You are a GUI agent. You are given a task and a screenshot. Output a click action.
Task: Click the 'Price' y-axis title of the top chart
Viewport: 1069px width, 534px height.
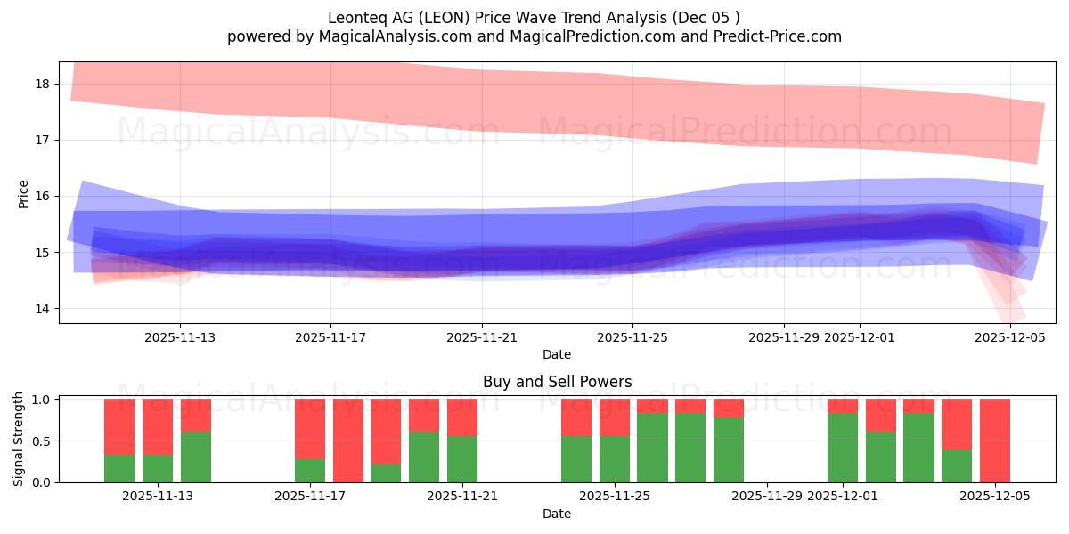pos(24,193)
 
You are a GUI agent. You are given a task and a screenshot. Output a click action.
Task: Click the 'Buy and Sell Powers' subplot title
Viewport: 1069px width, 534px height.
pos(557,382)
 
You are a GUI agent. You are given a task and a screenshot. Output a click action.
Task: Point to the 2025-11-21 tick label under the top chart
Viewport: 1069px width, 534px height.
pos(482,337)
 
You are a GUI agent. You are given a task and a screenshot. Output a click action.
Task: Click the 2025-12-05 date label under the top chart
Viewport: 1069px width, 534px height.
pos(1010,337)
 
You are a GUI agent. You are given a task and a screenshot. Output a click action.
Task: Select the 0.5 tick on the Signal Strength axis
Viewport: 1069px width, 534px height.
pos(42,441)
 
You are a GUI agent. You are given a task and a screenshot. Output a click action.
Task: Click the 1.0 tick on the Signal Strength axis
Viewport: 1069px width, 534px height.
pos(42,400)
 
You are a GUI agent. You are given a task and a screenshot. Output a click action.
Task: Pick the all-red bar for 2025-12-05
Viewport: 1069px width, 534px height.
pos(995,441)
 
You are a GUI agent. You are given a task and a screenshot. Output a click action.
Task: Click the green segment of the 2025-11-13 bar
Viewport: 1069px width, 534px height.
pos(158,469)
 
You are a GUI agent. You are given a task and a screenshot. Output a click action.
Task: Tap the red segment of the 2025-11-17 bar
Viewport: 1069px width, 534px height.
pos(310,429)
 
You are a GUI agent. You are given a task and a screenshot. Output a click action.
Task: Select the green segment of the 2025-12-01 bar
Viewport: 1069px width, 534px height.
pos(843,448)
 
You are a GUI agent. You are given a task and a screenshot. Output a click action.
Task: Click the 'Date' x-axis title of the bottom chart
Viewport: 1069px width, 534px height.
pos(557,514)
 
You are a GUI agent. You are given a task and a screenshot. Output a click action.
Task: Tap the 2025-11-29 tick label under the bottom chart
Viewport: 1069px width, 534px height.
pos(767,496)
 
